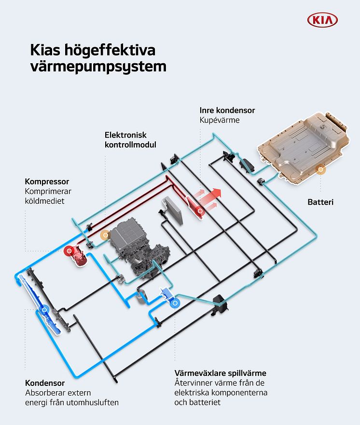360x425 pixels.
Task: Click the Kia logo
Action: pos(322,20)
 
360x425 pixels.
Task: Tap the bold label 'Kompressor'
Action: pos(47,181)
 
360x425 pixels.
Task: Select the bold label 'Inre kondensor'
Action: pos(227,110)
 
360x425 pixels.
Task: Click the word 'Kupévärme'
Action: pos(220,120)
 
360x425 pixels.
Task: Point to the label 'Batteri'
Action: pos(320,202)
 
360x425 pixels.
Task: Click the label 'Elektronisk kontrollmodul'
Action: pos(130,140)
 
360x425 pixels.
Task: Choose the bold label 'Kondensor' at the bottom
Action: pos(45,383)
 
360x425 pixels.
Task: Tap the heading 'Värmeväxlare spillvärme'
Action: pos(221,373)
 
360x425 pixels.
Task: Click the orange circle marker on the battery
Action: pos(321,170)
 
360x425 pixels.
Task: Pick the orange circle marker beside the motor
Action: pos(106,235)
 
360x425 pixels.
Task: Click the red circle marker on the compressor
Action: pos(69,251)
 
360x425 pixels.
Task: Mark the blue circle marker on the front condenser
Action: pos(44,310)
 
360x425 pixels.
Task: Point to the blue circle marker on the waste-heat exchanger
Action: pos(175,303)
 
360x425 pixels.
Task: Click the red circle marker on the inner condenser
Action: pos(200,211)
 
